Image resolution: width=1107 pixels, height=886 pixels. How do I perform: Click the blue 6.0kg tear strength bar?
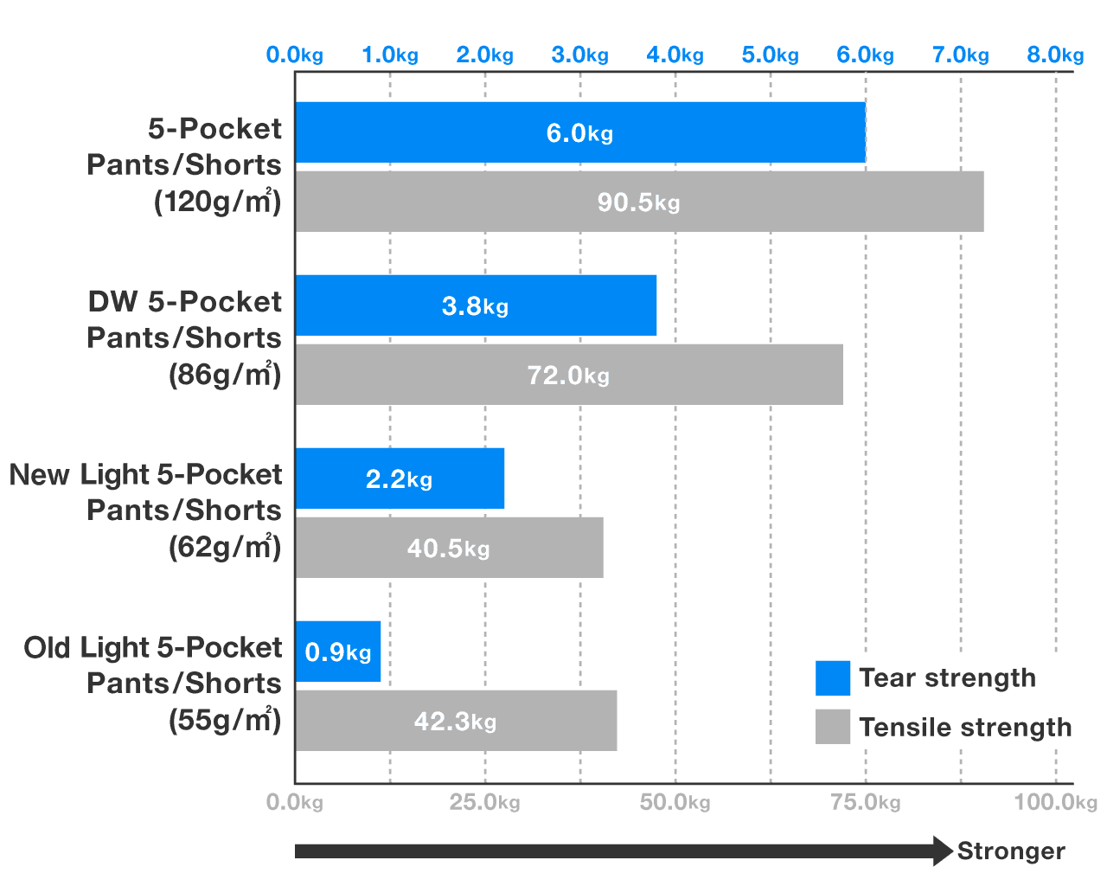coord(580,132)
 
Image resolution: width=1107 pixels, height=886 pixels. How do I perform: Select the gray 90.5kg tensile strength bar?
coord(639,202)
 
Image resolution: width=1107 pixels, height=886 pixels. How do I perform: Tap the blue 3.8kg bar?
coord(476,305)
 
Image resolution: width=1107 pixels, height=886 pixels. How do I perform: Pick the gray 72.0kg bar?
coord(569,375)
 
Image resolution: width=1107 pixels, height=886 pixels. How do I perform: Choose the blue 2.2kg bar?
coord(400,478)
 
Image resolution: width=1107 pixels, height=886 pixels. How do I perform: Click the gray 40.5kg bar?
coord(449,547)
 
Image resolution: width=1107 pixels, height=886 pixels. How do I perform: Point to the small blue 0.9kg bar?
coord(338,652)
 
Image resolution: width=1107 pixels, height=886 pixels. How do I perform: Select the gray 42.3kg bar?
coord(456,720)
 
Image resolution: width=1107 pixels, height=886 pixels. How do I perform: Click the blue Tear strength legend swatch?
coord(832,678)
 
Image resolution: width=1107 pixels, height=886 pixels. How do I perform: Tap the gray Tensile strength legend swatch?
coord(832,727)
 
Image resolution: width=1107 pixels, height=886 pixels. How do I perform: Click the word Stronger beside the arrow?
coord(1011,851)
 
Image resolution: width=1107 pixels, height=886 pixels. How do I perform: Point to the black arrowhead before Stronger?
coord(943,851)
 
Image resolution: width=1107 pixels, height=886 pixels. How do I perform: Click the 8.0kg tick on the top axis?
coord(1055,55)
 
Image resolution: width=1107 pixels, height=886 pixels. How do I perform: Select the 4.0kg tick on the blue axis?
coord(675,55)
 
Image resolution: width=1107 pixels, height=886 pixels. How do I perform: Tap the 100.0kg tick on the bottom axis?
coord(1055,802)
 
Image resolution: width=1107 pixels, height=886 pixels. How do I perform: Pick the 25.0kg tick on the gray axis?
coord(484,802)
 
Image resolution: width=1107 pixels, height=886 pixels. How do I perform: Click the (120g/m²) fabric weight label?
coord(218,202)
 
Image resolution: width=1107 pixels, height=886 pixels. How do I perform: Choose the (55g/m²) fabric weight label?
coord(225,720)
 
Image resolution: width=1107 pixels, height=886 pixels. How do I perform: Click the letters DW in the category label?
coord(112,301)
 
